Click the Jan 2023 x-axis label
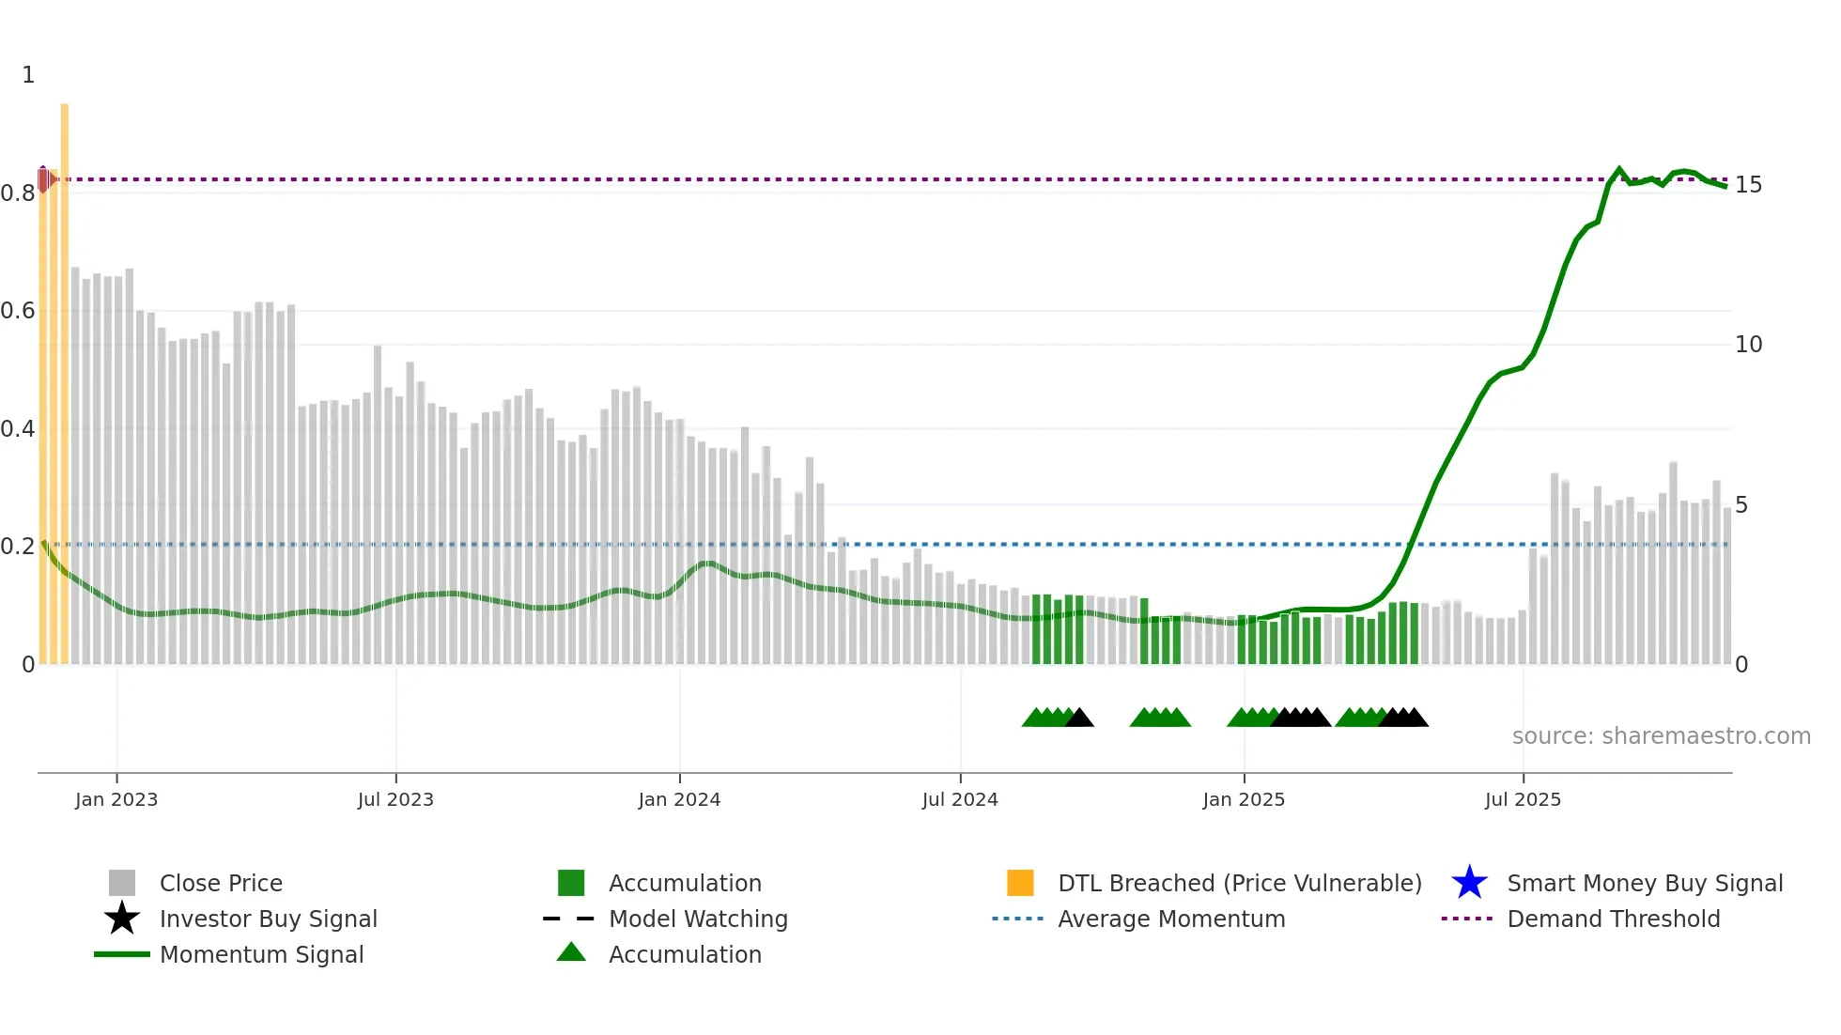click(x=116, y=799)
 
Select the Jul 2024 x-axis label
click(x=959, y=799)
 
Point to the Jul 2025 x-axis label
click(x=1523, y=799)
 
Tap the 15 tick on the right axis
click(x=1748, y=185)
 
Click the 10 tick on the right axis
click(x=1748, y=345)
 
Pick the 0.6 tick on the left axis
click(x=18, y=311)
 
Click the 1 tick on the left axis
click(x=28, y=75)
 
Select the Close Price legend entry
click(x=221, y=883)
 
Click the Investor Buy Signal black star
click(x=122, y=919)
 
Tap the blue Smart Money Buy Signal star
click(x=1469, y=883)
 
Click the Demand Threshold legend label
click(x=1613, y=919)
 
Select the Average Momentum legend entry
click(x=1170, y=919)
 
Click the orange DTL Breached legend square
click(x=1020, y=883)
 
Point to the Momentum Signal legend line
click(x=122, y=954)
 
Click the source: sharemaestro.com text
click(x=1661, y=736)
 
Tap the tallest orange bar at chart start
click(x=65, y=376)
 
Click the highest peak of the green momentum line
click(x=1618, y=169)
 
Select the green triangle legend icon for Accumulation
click(x=571, y=952)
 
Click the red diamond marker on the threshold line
click(x=43, y=179)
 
